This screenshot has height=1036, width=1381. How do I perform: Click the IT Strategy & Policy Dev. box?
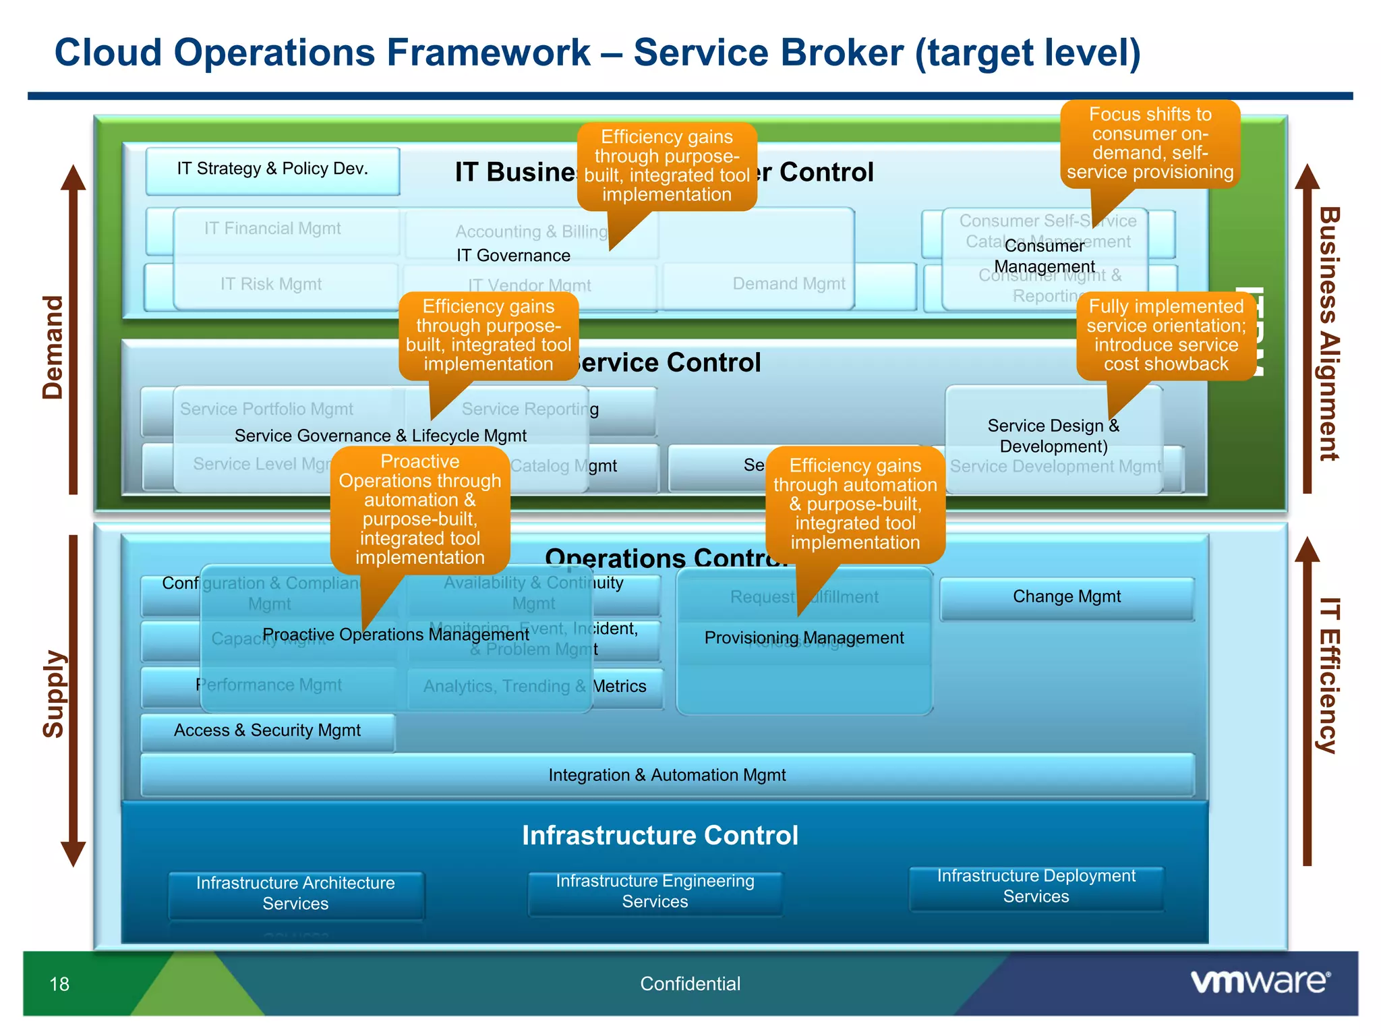(x=272, y=169)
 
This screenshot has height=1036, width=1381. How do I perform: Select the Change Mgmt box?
(x=1066, y=597)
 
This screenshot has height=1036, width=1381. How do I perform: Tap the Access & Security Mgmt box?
(x=267, y=730)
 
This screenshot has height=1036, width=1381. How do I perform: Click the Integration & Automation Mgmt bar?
(x=667, y=775)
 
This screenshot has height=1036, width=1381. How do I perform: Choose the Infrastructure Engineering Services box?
(x=655, y=891)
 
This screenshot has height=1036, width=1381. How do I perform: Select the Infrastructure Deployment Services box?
(x=1036, y=886)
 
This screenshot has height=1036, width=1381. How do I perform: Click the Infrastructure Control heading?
(x=659, y=835)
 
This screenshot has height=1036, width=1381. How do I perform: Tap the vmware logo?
(x=1260, y=981)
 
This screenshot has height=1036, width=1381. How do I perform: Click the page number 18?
(x=59, y=984)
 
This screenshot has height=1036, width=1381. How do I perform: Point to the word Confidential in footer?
(x=690, y=984)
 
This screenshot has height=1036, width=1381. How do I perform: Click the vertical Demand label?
(x=53, y=347)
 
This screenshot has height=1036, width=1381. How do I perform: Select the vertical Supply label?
(x=53, y=695)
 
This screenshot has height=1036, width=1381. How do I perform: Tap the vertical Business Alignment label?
(x=1328, y=334)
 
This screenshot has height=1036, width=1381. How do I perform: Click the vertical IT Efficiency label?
(x=1328, y=674)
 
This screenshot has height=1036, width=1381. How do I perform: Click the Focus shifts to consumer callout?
(x=1150, y=144)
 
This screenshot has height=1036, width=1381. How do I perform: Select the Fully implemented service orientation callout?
(x=1166, y=336)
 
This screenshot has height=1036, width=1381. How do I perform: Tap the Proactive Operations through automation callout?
(x=419, y=509)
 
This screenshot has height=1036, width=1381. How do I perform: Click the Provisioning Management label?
(x=804, y=638)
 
